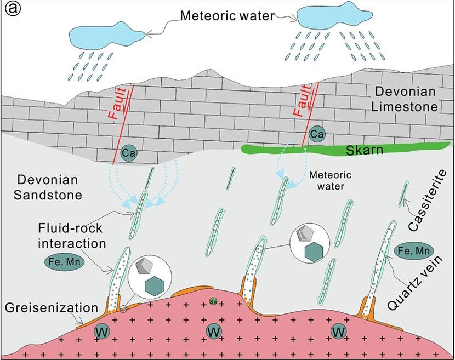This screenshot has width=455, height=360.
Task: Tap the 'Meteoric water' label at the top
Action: (x=227, y=16)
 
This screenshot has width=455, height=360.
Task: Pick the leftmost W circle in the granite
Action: (x=101, y=332)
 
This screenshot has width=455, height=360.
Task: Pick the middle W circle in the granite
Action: (x=214, y=331)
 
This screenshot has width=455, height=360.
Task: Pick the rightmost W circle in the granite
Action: (x=339, y=331)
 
